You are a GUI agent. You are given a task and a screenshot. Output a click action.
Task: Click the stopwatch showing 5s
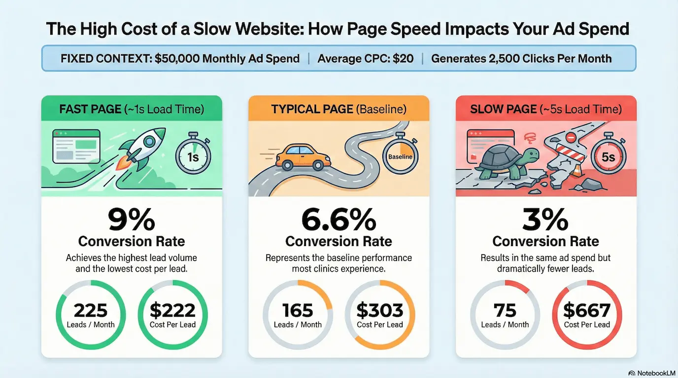click(x=607, y=157)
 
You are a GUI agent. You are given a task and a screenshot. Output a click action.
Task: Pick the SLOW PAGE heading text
click(x=505, y=109)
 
